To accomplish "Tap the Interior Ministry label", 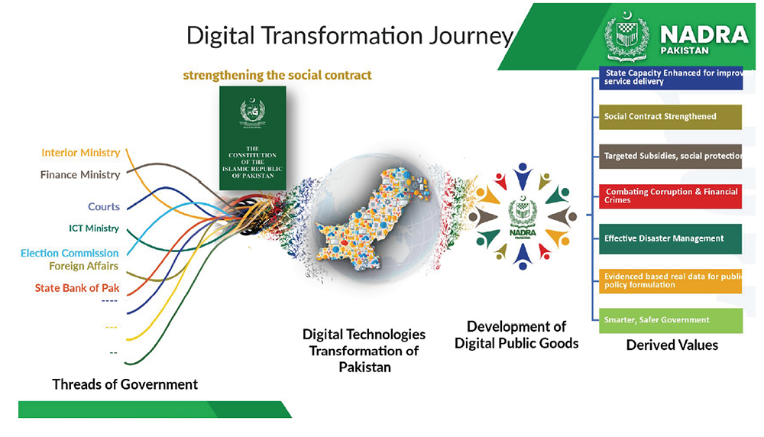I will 80,153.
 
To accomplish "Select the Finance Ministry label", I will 80,175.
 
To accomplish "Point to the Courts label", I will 104,206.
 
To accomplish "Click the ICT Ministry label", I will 94,228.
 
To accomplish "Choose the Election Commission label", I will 70,253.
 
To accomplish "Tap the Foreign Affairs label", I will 83,266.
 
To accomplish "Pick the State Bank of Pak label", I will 77,288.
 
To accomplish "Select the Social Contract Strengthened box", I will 670,117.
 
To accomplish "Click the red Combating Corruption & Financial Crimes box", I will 670,196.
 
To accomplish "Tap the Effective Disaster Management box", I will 670,238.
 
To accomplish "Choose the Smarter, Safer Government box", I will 670,320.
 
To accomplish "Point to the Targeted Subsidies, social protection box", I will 670,156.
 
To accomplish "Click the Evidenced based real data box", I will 670,280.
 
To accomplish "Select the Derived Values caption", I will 672,345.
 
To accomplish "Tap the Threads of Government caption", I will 125,384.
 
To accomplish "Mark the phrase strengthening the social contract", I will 277,76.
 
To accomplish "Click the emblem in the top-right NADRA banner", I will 626,35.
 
